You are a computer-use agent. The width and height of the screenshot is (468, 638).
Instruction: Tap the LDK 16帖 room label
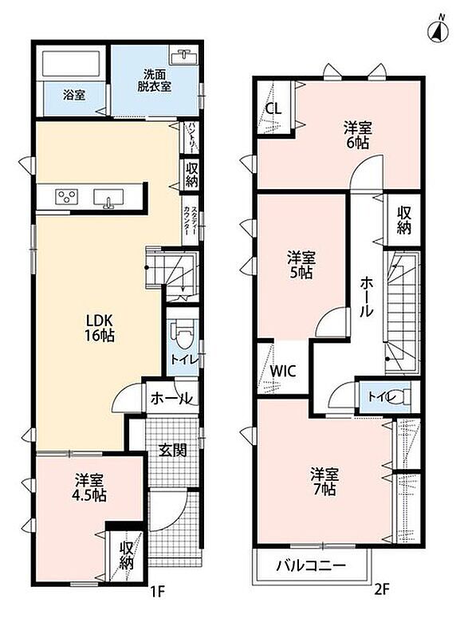[x=99, y=328]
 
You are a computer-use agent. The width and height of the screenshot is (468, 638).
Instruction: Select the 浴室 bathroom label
[x=74, y=95]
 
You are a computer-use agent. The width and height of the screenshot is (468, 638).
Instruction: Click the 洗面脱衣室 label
[x=154, y=81]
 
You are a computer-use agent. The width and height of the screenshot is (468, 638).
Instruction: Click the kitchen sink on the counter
[x=108, y=198]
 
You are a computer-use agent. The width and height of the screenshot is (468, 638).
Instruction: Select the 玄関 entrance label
[x=173, y=450]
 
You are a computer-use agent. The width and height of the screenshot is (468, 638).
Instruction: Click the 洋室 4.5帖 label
[x=90, y=488]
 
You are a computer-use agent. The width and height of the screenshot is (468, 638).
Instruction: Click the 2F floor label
[x=381, y=589]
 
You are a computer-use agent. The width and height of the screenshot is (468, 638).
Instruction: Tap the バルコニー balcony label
[x=311, y=565]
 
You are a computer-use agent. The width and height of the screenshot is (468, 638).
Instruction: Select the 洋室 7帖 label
[x=324, y=482]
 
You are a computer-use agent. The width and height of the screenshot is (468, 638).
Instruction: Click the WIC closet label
[x=283, y=372]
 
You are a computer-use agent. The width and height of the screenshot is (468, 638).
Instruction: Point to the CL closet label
[x=273, y=108]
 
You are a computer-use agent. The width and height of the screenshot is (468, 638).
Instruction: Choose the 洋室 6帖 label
[x=358, y=135]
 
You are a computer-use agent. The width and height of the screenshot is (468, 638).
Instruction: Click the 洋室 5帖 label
[x=301, y=266]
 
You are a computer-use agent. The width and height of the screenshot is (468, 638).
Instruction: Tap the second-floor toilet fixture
[x=404, y=396]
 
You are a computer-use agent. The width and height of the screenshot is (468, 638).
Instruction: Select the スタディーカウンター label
[x=190, y=221]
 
